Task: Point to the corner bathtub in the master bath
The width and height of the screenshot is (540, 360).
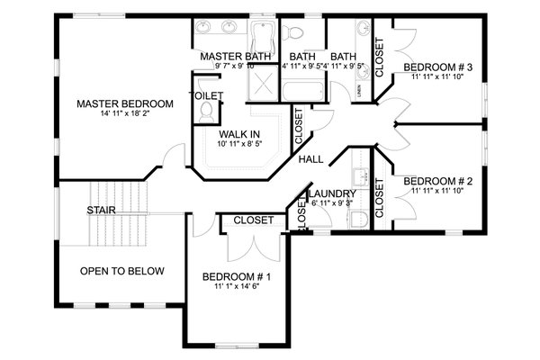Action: point(262,36)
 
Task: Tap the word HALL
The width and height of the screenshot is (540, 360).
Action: point(311,159)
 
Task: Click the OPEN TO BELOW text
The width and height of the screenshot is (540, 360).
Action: point(122,271)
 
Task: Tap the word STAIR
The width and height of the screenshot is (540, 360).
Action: point(101,211)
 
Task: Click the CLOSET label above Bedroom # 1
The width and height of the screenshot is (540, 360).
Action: point(254,220)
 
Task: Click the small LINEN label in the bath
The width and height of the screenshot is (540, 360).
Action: point(359,88)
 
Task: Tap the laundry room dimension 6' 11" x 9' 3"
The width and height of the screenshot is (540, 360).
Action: point(332,204)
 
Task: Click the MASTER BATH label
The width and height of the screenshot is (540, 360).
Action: point(228,56)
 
